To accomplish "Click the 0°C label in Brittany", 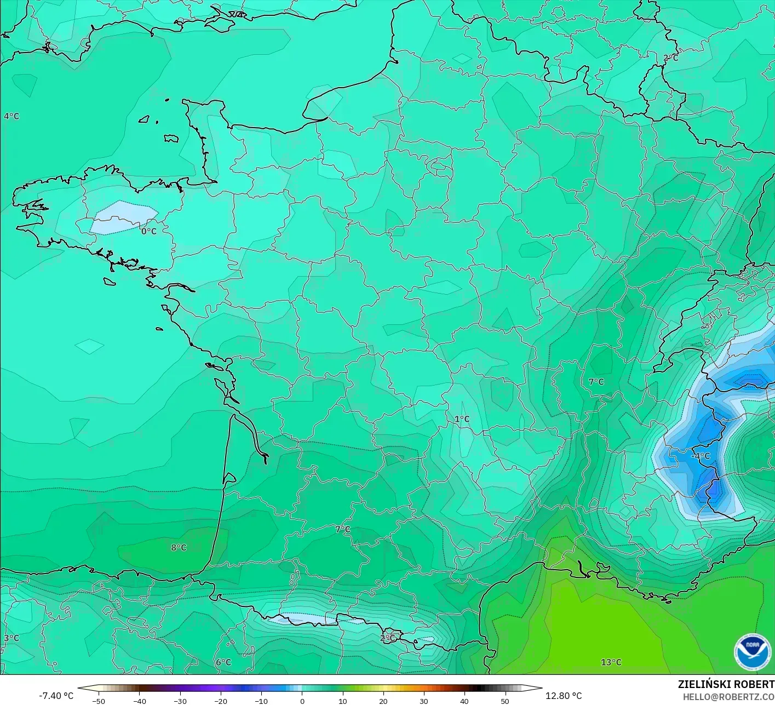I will (x=149, y=231).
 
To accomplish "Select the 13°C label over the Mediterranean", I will (x=611, y=662).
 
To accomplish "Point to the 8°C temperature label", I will (x=179, y=547).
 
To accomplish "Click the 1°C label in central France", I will (x=462, y=419).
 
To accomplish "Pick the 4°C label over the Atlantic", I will (x=12, y=116).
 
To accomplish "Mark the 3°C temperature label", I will (x=12, y=638).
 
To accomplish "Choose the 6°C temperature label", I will (x=223, y=662).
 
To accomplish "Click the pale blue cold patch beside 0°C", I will (x=123, y=217).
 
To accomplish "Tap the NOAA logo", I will (x=752, y=652).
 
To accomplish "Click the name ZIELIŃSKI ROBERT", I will (x=726, y=684).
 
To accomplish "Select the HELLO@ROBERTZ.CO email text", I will (x=728, y=697).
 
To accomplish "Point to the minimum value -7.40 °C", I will (x=56, y=696).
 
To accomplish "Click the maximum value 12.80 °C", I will (x=564, y=696).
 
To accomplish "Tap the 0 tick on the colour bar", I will (x=302, y=701).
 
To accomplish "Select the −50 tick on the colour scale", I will (x=99, y=701).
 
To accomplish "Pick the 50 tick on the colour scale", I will (x=504, y=701).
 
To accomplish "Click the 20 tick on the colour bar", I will (x=383, y=701).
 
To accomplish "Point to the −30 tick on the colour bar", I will (x=180, y=701).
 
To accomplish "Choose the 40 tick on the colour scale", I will (x=464, y=701).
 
